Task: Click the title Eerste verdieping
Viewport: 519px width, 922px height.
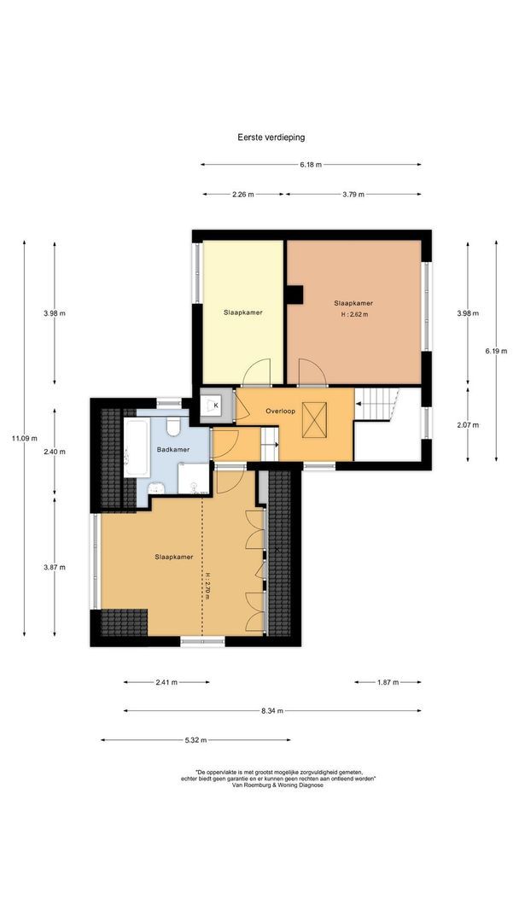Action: coord(271,137)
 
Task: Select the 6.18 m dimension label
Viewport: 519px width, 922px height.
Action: coord(311,165)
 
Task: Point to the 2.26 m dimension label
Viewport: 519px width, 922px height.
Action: coord(242,194)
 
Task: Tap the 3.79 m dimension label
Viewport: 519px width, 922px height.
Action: coord(353,194)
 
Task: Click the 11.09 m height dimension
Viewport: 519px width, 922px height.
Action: coord(26,437)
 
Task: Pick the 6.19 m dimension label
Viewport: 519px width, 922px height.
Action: coord(496,351)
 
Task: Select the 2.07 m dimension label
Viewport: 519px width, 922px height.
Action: coord(468,424)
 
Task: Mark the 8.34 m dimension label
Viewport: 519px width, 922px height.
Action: coord(272,711)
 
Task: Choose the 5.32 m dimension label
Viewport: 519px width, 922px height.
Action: coord(195,739)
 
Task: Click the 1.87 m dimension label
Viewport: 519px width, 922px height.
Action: coord(387,682)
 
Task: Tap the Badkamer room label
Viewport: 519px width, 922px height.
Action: coord(173,449)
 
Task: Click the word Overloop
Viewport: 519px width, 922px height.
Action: coord(280,411)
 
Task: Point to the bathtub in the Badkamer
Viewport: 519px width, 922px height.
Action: coord(136,447)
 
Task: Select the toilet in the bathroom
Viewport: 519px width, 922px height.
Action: coord(173,426)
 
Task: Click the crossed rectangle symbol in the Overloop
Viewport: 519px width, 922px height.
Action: coord(313,420)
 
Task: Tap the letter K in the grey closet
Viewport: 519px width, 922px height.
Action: coord(216,406)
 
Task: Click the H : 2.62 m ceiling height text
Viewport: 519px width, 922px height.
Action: coord(354,314)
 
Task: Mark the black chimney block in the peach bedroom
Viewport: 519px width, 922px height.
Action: coord(294,294)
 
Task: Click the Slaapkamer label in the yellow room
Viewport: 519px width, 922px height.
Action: coord(242,312)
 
